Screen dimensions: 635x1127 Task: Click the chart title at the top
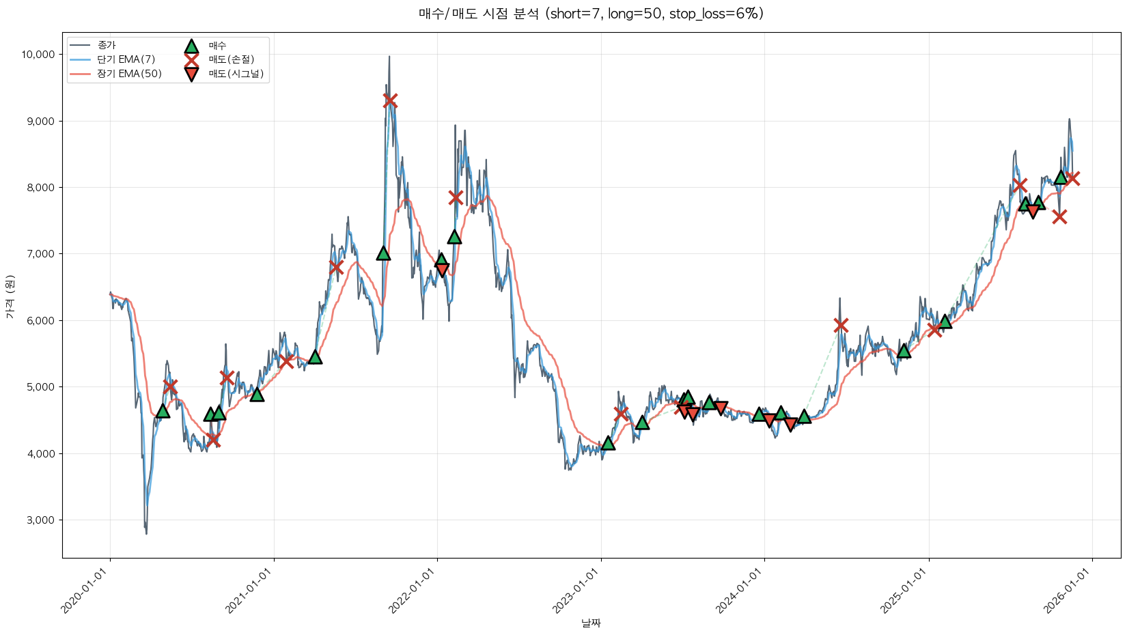pyautogui.click(x=591, y=14)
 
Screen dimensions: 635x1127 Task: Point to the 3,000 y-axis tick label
pyautogui.click(x=41, y=520)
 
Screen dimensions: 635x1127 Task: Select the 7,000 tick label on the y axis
pyautogui.click(x=41, y=254)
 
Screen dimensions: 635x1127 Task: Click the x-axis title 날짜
pyautogui.click(x=591, y=623)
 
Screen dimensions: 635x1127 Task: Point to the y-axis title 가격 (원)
pyautogui.click(x=10, y=296)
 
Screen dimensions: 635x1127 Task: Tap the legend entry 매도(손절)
pyautogui.click(x=232, y=59)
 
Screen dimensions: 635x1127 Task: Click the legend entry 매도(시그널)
pyautogui.click(x=236, y=74)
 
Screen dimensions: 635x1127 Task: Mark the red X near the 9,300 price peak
pyautogui.click(x=390, y=101)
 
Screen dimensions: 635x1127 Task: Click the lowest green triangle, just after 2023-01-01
pyautogui.click(x=608, y=443)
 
